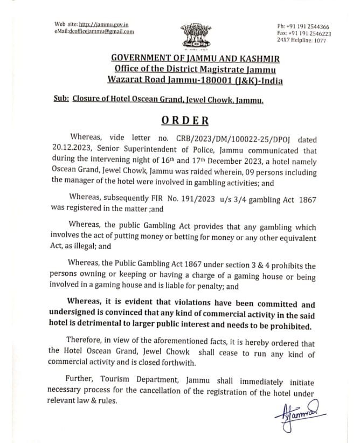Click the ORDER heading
click(x=185, y=120)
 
